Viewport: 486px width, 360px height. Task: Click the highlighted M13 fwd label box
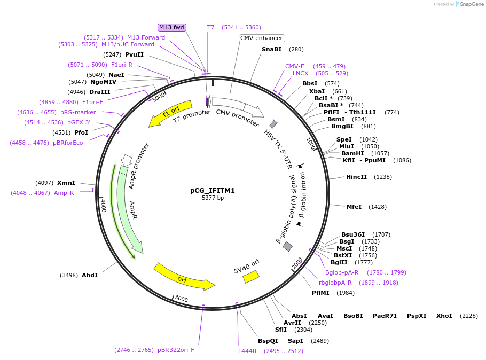[x=171, y=27]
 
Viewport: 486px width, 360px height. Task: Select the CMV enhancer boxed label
[x=261, y=38]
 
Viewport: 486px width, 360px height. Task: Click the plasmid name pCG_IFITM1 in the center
[x=213, y=190]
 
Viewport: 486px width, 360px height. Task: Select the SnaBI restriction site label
[x=271, y=49]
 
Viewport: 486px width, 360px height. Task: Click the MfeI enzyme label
[x=354, y=207]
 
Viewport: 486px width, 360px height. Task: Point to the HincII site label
[x=356, y=177]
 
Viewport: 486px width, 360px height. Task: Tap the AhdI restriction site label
[x=90, y=275]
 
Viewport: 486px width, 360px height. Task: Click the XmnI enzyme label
[x=66, y=183]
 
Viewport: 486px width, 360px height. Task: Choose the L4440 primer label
[x=247, y=351]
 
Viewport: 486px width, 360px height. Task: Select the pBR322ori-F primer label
[x=176, y=350]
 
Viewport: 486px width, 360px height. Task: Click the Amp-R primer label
[x=64, y=193]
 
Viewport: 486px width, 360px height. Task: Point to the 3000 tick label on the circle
[x=182, y=299]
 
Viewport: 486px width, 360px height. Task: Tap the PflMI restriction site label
[x=322, y=293]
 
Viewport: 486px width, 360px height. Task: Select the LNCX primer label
[x=301, y=73]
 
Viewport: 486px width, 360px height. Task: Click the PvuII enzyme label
[x=134, y=54]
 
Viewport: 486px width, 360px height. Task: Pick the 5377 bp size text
[x=213, y=198]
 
